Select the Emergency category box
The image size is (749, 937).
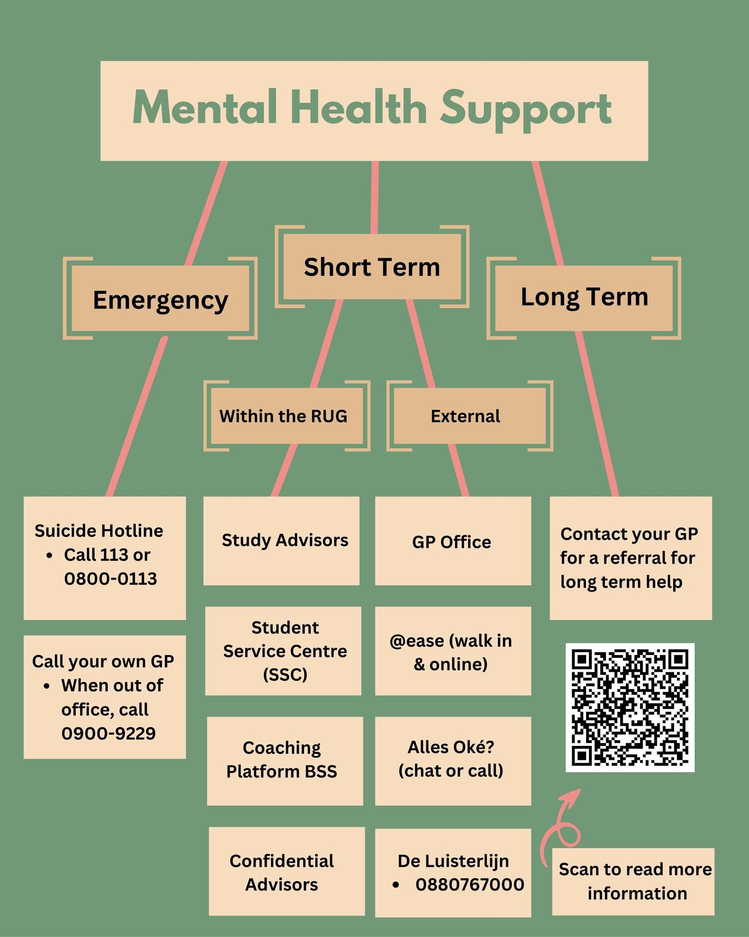(160, 299)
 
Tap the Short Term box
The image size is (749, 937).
(372, 267)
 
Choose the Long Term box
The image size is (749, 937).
(584, 297)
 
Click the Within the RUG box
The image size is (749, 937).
(284, 416)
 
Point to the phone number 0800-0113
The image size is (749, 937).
(110, 579)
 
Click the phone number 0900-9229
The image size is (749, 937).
(108, 733)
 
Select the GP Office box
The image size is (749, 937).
(452, 542)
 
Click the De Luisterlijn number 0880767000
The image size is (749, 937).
(470, 885)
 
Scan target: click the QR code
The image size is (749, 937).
(630, 707)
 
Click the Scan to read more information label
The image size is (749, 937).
(634, 881)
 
